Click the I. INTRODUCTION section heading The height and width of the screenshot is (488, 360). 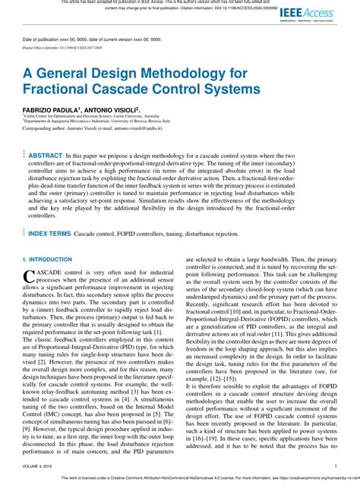point(47,260)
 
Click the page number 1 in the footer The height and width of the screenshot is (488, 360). point(336,467)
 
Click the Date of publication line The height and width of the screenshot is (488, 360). point(88,38)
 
